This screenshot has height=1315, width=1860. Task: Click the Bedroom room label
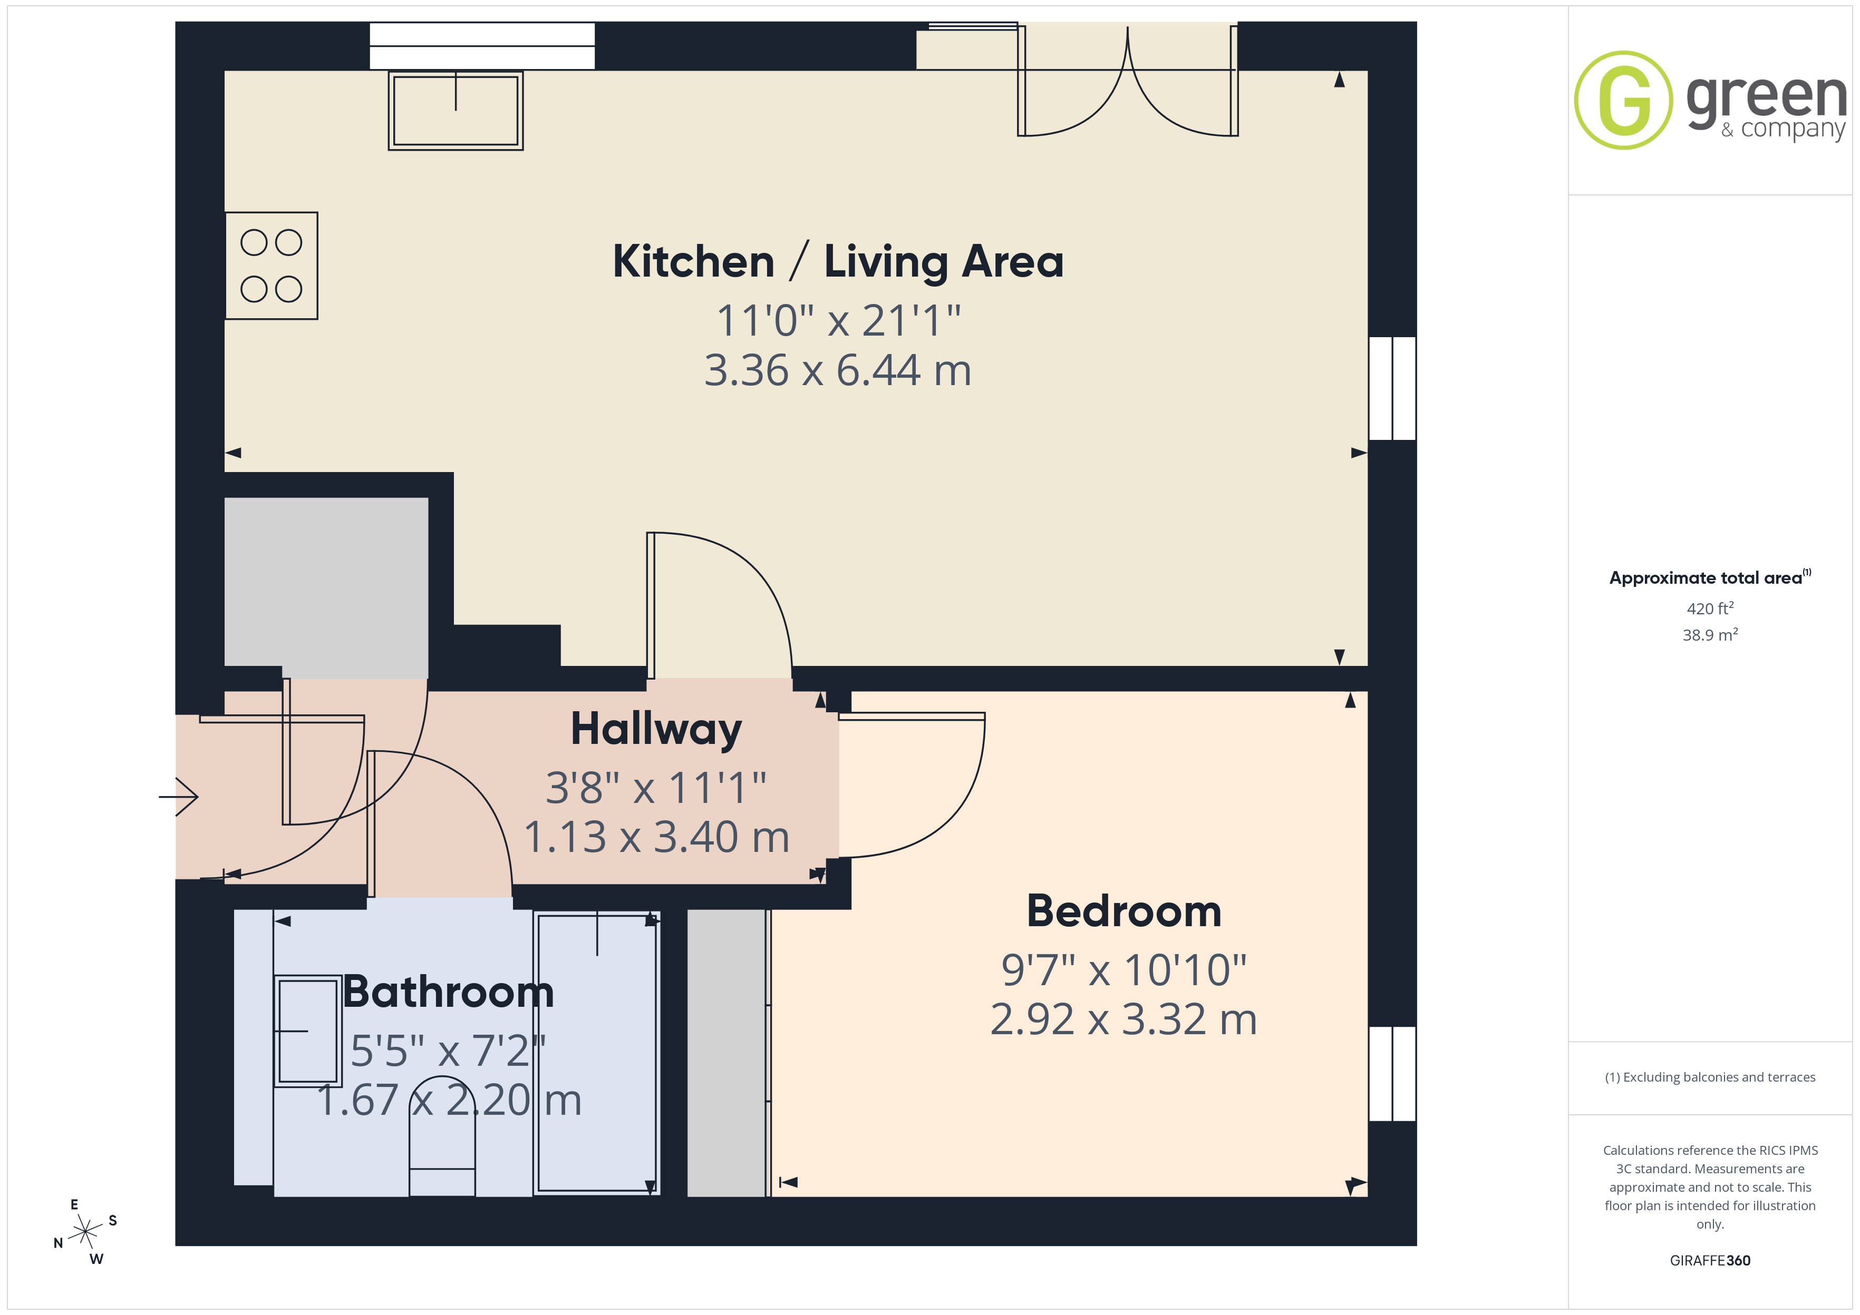pyautogui.click(x=1123, y=912)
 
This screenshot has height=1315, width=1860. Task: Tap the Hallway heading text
pyautogui.click(x=656, y=729)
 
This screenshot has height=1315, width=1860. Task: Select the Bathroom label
pyautogui.click(x=449, y=992)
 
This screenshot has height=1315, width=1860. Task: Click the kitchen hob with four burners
pyautogui.click(x=272, y=266)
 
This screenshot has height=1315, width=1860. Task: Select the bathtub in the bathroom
pyautogui.click(x=597, y=1053)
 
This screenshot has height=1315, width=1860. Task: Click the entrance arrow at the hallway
pyautogui.click(x=178, y=797)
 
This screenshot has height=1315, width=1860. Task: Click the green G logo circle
pyautogui.click(x=1623, y=101)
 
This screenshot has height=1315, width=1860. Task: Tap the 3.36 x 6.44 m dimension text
pyautogui.click(x=838, y=371)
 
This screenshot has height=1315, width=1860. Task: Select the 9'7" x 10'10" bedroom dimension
pyautogui.click(x=1123, y=970)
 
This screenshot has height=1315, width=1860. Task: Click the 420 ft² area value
pyautogui.click(x=1710, y=608)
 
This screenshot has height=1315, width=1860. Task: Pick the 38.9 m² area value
pyautogui.click(x=1710, y=635)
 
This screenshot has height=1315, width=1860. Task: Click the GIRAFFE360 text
pyautogui.click(x=1710, y=1261)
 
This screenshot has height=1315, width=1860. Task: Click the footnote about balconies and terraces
pyautogui.click(x=1710, y=1077)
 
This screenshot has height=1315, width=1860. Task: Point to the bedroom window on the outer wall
pyautogui.click(x=1392, y=1074)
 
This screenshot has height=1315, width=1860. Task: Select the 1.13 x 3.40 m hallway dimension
pyautogui.click(x=656, y=837)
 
